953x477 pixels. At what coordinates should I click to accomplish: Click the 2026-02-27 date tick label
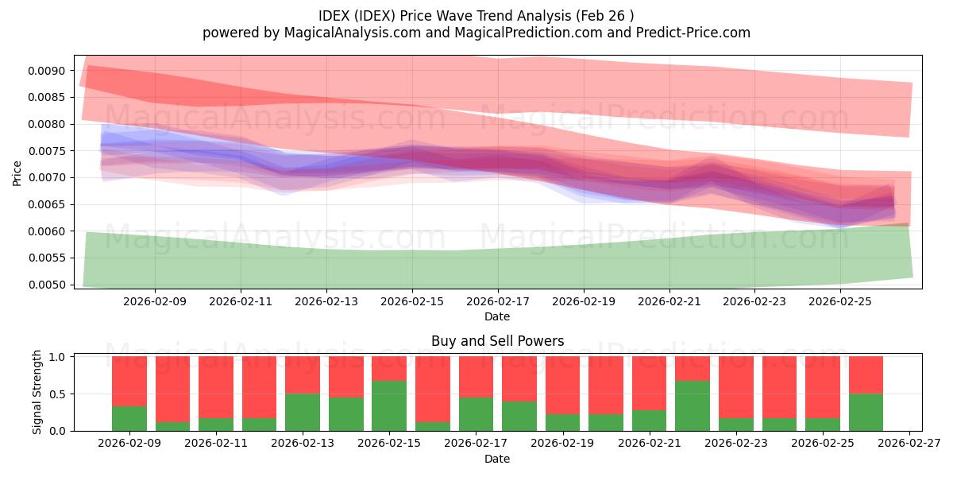tap(909, 444)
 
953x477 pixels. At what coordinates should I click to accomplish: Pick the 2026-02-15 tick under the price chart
tap(411, 302)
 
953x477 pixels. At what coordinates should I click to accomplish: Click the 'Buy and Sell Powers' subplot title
tap(497, 341)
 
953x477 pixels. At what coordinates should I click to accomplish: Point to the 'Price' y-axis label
tap(17, 172)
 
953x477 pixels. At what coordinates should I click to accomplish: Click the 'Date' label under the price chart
tap(497, 316)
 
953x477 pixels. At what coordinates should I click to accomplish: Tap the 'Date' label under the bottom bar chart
tap(497, 459)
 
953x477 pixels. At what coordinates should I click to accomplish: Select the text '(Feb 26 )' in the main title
tap(606, 15)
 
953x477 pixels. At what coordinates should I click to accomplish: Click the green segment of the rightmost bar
tap(866, 412)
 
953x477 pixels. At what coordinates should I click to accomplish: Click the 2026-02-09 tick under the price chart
tap(154, 302)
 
